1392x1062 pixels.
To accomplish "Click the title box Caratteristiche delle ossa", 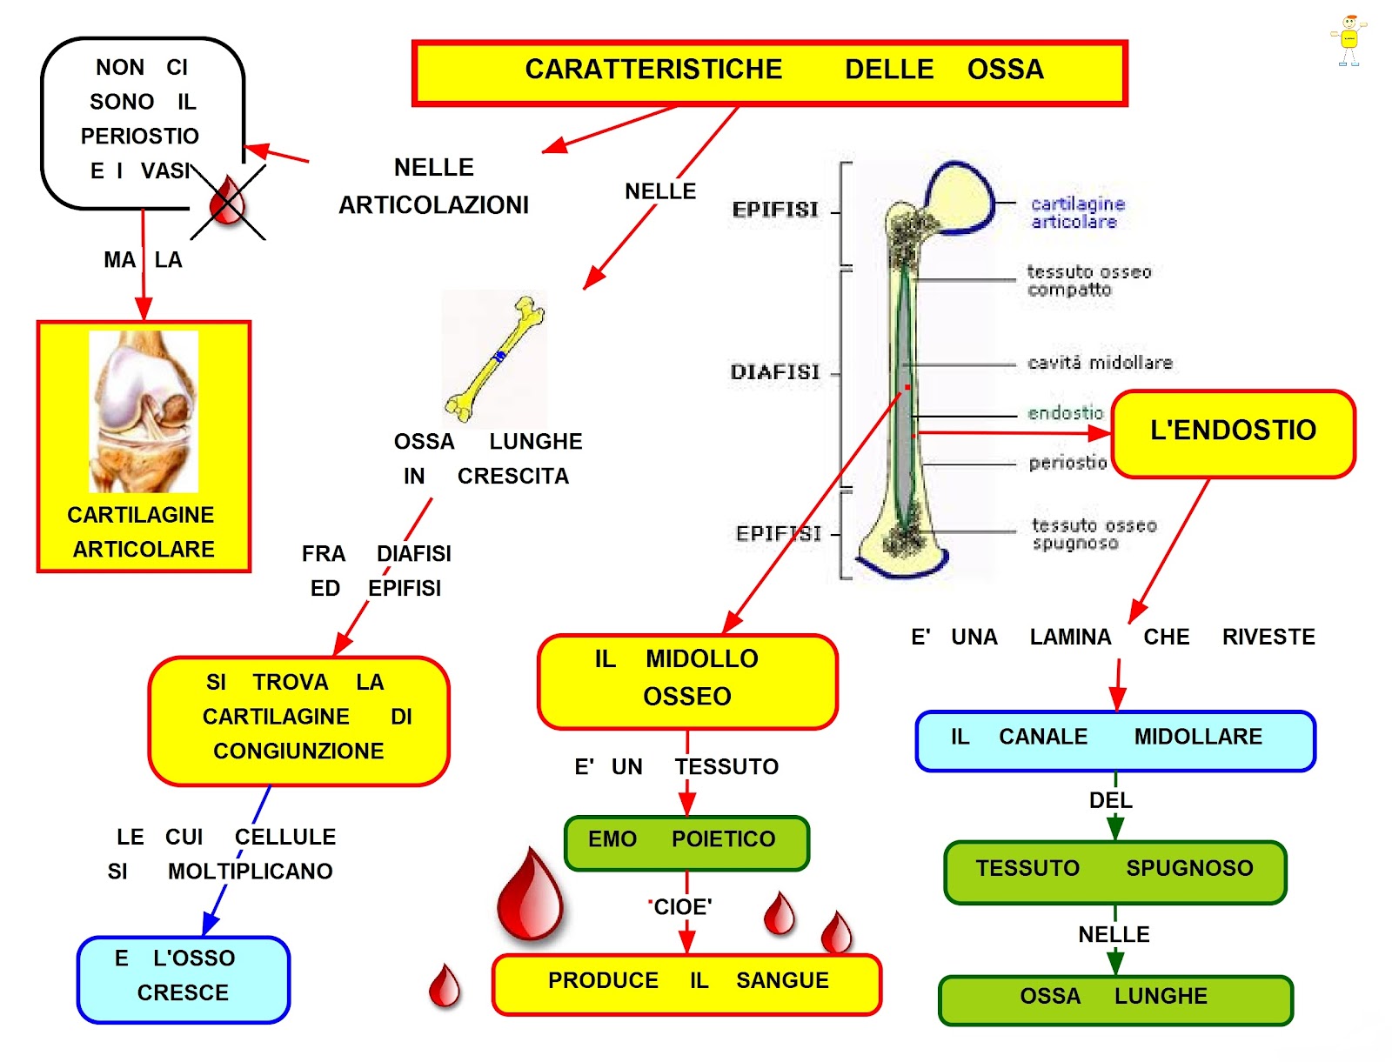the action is pyautogui.click(x=768, y=73).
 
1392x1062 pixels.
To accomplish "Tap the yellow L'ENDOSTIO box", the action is pyautogui.click(x=1232, y=433).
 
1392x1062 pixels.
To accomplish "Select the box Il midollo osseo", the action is pyautogui.click(x=686, y=681).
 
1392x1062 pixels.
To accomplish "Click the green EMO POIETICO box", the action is pyautogui.click(x=686, y=843).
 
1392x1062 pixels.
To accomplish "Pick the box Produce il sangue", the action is pyautogui.click(x=686, y=984).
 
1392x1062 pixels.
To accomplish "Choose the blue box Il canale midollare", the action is pyautogui.click(x=1114, y=740).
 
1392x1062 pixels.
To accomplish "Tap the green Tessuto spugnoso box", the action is pyautogui.click(x=1114, y=872).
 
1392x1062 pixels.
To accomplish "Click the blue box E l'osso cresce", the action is pyautogui.click(x=183, y=979).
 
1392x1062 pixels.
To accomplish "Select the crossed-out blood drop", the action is pyautogui.click(x=227, y=201).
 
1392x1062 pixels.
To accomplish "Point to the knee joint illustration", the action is pyautogui.click(x=144, y=411).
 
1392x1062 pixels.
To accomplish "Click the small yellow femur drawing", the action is pyautogui.click(x=494, y=358).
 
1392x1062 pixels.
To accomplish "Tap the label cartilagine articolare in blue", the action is pyautogui.click(x=1077, y=212).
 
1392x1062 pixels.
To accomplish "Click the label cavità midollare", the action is pyautogui.click(x=1099, y=363).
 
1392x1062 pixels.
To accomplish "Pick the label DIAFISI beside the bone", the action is pyautogui.click(x=774, y=372).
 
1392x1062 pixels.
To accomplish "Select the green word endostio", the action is pyautogui.click(x=1065, y=413).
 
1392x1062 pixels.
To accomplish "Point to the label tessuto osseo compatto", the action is pyautogui.click(x=1088, y=281).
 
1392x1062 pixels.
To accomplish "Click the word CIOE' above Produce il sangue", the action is pyautogui.click(x=682, y=907).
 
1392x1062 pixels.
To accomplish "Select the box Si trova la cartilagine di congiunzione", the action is pyautogui.click(x=298, y=721).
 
